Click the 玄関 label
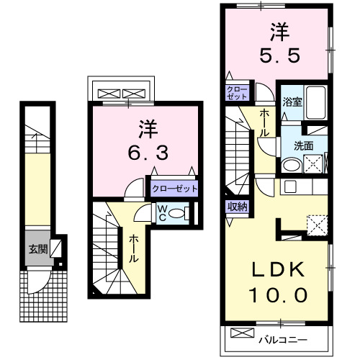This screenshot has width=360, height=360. point(37,251)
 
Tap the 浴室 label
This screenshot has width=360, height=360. point(292,102)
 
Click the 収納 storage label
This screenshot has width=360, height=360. point(238,207)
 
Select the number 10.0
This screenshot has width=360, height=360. point(279,294)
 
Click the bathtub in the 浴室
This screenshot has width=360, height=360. point(315,102)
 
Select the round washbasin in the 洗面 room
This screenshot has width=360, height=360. point(292,165)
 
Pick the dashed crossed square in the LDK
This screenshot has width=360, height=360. point(316,225)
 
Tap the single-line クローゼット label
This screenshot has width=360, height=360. point(174,189)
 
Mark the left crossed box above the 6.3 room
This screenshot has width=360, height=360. point(111,94)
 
